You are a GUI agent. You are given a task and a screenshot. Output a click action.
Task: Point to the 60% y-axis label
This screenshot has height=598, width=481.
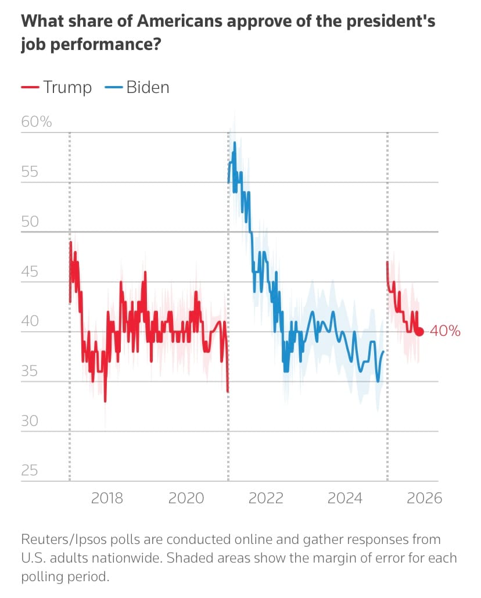tap(37, 122)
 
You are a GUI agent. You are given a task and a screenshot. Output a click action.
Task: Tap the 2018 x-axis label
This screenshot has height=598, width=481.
tap(107, 498)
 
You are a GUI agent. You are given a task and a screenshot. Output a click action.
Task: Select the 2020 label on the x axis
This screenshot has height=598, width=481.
tap(188, 498)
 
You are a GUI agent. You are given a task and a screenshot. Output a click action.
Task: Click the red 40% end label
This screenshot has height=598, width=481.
tap(446, 332)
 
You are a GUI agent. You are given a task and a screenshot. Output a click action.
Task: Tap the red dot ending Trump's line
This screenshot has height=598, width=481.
tap(419, 332)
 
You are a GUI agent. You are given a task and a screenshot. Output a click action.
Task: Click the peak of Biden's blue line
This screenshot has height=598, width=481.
tap(235, 142)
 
